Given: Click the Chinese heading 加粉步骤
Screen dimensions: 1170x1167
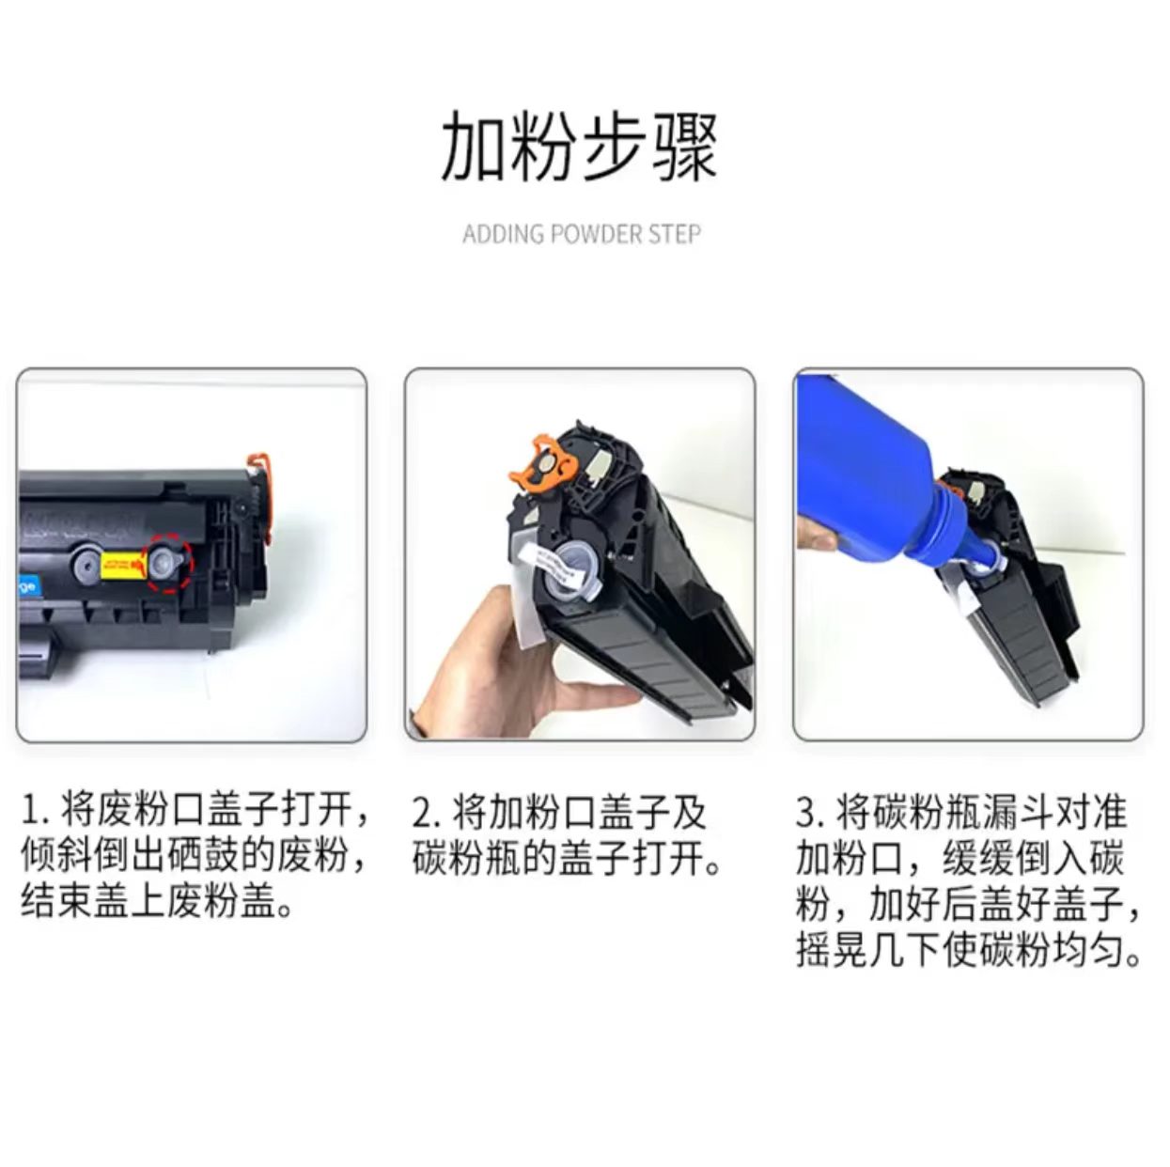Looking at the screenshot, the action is click(579, 148).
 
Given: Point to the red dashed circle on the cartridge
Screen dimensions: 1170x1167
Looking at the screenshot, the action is click(170, 564).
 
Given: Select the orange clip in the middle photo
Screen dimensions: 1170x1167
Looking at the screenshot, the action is click(541, 463).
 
